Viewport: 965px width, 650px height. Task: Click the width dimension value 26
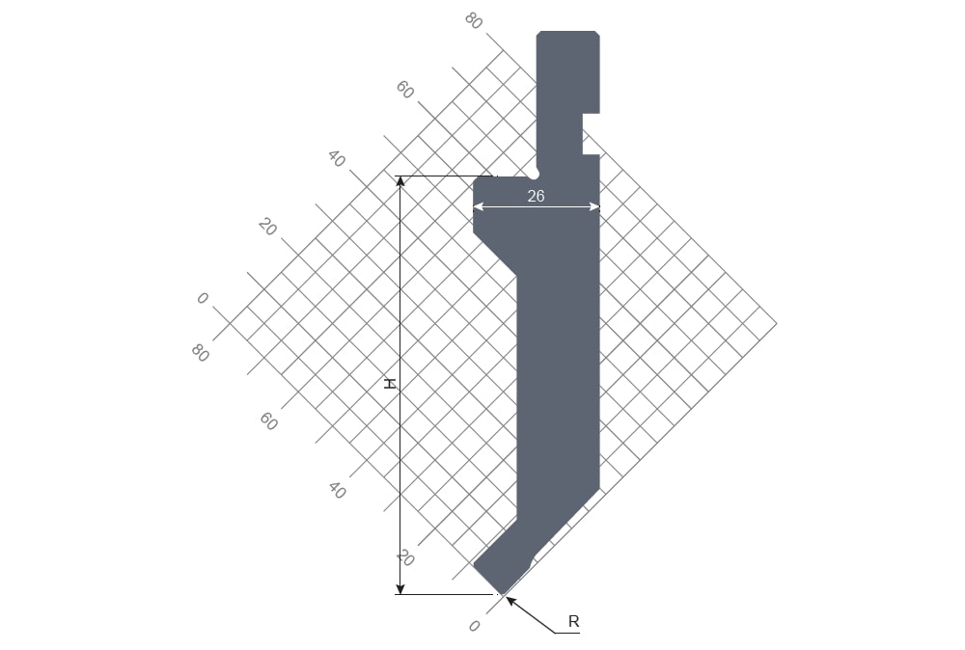pos(536,196)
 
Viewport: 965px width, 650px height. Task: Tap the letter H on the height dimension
pos(390,384)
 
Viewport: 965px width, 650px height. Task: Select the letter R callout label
pos(573,621)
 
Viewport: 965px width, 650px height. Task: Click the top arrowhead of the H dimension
pos(400,181)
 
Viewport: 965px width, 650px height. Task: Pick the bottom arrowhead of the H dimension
pos(400,589)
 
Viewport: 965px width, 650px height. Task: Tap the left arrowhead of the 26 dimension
pos(479,207)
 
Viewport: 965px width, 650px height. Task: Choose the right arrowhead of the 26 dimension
pos(593,207)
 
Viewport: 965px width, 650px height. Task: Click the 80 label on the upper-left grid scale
pos(473,21)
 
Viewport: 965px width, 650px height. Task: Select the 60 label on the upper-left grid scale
pos(404,90)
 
